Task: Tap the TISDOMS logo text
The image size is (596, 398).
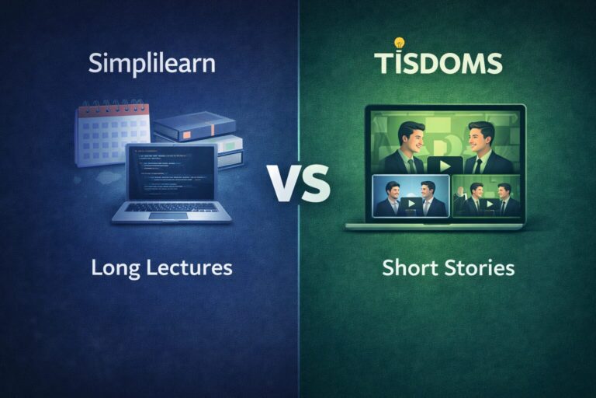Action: (437, 63)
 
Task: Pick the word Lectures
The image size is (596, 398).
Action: (189, 268)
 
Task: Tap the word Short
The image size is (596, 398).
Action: (408, 268)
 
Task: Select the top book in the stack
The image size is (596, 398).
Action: (194, 126)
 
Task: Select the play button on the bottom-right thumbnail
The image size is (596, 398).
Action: (489, 204)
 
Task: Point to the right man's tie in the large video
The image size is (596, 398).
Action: (477, 164)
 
